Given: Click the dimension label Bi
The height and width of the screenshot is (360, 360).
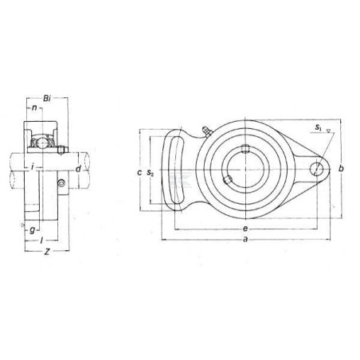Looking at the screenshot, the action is pyautogui.click(x=47, y=99).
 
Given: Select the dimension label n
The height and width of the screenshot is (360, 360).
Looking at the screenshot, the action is pyautogui.click(x=34, y=108).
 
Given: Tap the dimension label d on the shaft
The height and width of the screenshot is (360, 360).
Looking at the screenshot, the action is pyautogui.click(x=78, y=169).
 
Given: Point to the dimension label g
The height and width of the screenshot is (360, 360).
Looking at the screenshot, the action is pyautogui.click(x=33, y=230).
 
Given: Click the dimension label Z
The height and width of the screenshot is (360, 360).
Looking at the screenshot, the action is pyautogui.click(x=47, y=252).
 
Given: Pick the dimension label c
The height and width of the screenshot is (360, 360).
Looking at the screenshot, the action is pyautogui.click(x=139, y=173).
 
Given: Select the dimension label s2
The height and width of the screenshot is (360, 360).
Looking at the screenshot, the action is pyautogui.click(x=151, y=173).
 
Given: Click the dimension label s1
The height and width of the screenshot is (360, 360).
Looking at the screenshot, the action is pyautogui.click(x=318, y=127).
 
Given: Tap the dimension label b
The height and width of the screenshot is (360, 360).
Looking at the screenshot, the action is pyautogui.click(x=342, y=168).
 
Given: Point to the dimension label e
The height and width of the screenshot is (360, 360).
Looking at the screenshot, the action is pyautogui.click(x=245, y=229).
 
